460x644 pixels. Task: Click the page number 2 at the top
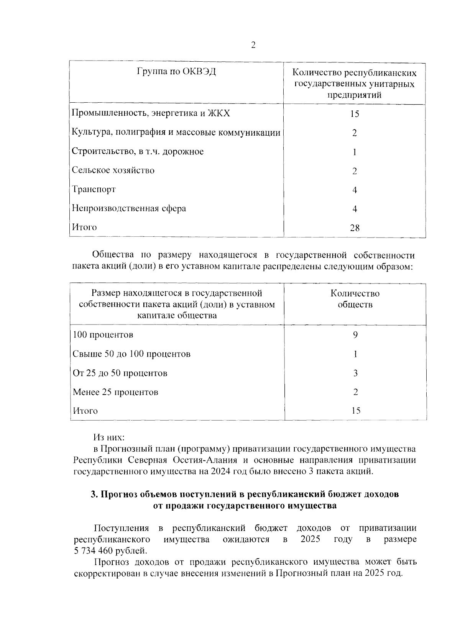253,46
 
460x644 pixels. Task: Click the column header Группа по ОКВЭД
176,72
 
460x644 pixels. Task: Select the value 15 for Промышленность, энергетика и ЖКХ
355,114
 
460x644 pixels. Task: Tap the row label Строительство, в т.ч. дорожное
138,151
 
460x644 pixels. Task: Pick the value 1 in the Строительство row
355,152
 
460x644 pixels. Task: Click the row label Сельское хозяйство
113,170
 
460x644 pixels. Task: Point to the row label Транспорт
94,189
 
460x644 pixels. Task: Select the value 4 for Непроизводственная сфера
355,209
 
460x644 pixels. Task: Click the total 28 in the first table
355,228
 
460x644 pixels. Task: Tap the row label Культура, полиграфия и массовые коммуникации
176,133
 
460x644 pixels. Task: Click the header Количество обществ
355,299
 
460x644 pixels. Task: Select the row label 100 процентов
103,334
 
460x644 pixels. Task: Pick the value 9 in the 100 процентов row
355,335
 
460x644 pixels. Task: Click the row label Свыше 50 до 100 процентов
131,354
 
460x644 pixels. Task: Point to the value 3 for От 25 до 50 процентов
355,373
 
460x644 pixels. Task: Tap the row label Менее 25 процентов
115,392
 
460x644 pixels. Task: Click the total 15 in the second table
356,411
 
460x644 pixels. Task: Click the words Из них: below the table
109,437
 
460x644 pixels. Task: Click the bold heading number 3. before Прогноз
95,494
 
